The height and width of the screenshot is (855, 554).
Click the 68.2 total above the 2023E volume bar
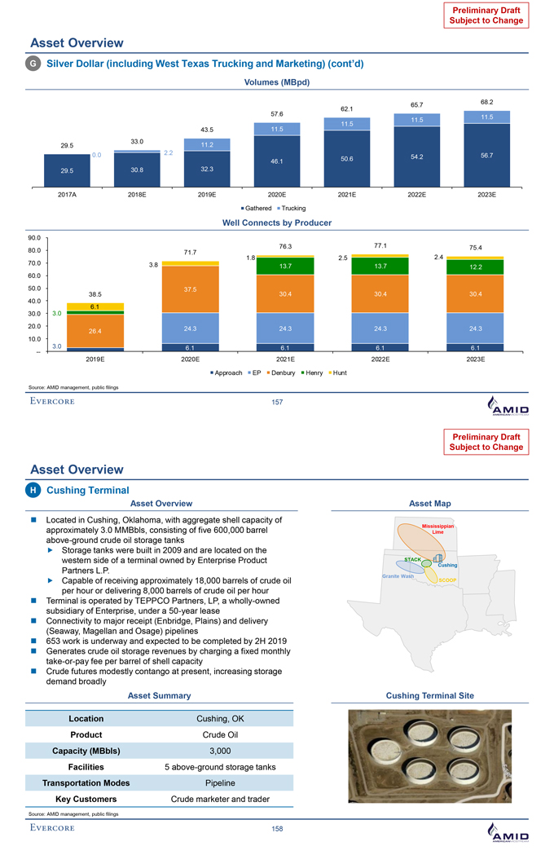coord(487,102)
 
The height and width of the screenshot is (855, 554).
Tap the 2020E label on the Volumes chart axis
coord(277,196)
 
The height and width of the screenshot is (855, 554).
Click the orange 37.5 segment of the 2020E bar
coord(190,289)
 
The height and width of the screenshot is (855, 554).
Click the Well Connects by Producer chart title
coord(276,223)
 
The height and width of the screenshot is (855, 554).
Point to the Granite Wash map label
coord(398,576)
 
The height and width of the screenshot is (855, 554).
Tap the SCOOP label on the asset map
coord(449,580)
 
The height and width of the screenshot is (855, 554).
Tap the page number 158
coord(277,829)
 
